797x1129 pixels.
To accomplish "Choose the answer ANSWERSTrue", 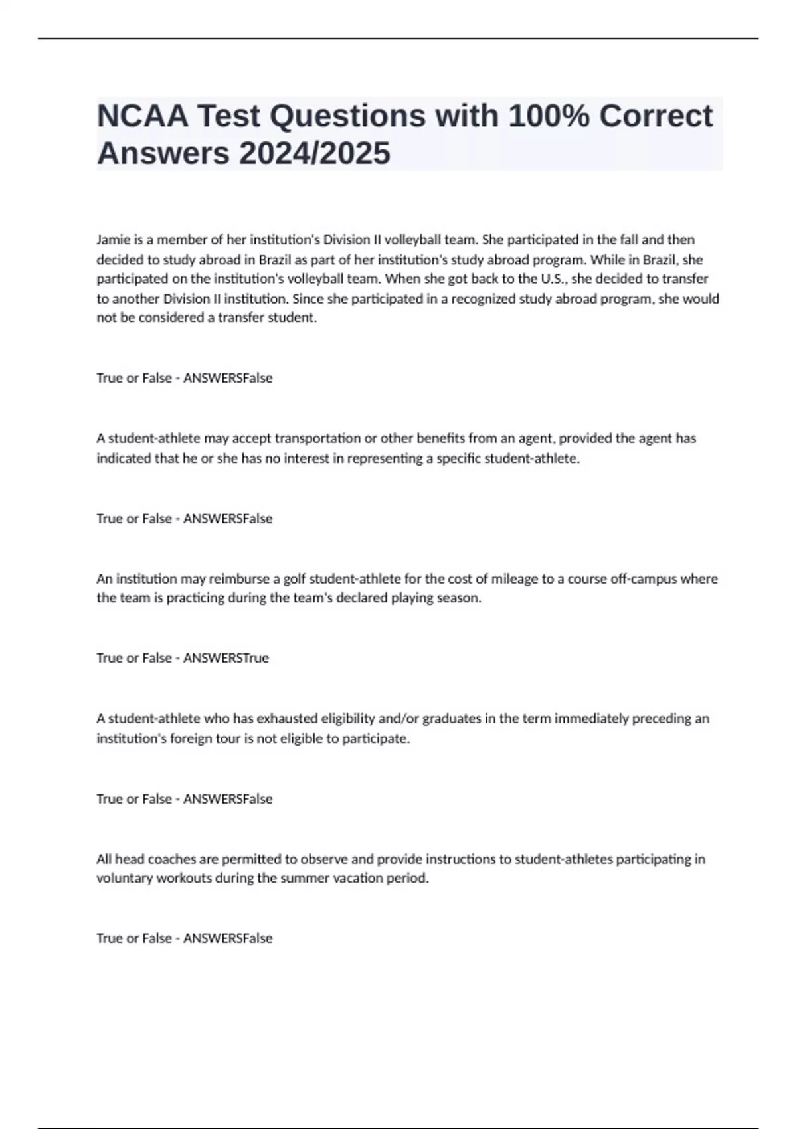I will (x=226, y=658).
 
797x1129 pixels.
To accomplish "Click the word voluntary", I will (x=124, y=879).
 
